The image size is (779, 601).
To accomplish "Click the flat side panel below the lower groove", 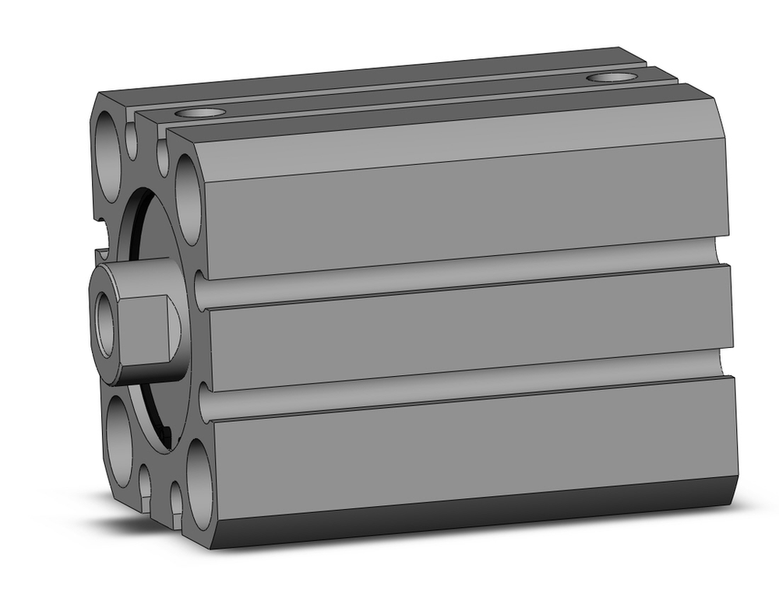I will click(467, 444).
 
